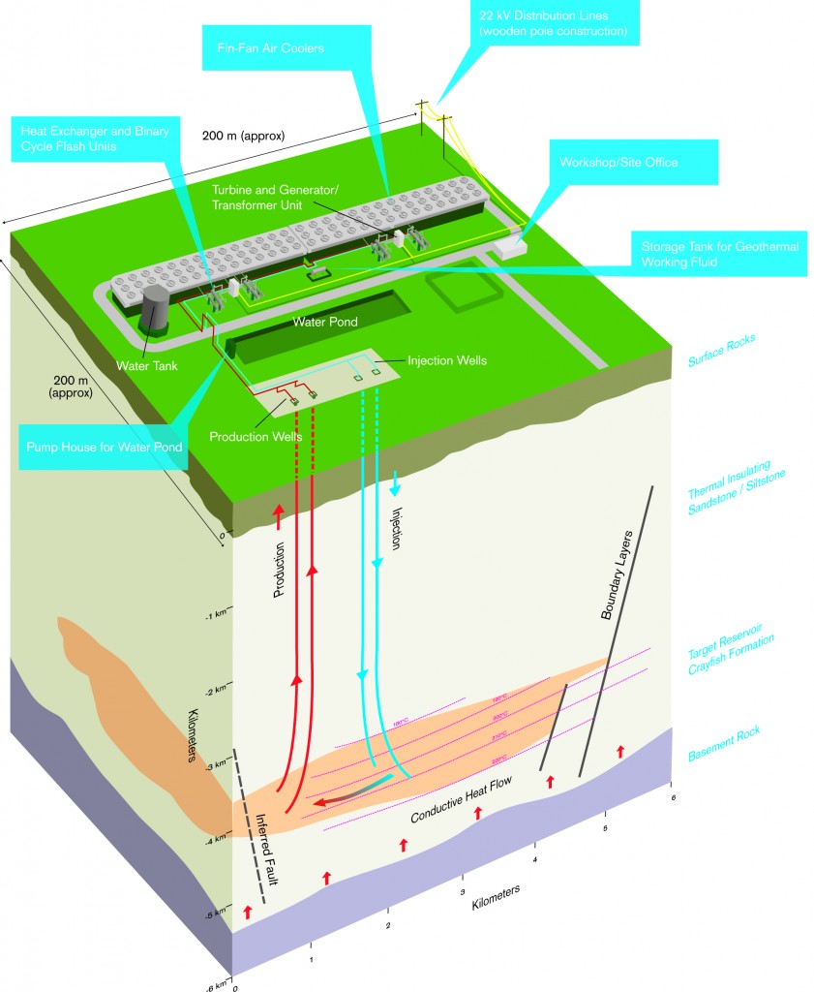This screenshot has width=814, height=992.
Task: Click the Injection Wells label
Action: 446,360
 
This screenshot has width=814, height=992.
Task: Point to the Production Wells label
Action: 256,436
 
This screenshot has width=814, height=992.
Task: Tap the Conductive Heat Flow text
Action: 461,798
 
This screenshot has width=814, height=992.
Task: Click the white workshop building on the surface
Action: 506,249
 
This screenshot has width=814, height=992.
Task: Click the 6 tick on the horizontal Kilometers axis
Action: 672,796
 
